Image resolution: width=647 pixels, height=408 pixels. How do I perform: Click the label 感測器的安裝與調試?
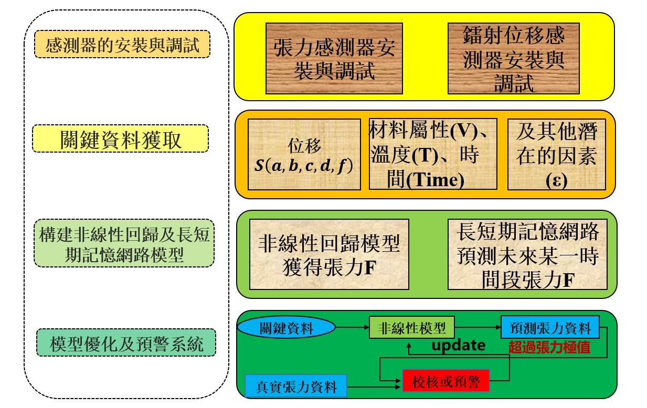122,44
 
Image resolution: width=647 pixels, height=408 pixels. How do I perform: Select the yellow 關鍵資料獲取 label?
121,138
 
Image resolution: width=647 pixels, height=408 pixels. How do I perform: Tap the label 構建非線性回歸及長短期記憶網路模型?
124,243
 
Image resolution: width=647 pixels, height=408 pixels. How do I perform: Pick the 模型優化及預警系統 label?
126,343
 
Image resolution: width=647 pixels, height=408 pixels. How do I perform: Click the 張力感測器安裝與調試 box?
334,58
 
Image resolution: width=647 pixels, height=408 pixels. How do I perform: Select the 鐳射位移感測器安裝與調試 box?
513,58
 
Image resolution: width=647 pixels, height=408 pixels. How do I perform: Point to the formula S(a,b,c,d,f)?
304,166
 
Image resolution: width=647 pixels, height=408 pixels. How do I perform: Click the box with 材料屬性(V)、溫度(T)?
433,154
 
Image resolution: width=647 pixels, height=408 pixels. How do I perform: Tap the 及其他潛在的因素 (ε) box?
557,154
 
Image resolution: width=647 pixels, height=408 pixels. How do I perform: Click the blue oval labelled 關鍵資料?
287,328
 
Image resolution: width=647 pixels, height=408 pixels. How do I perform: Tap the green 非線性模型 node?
412,328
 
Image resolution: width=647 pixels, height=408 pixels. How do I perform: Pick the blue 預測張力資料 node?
550,328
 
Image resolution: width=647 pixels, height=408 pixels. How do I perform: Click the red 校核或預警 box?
446,381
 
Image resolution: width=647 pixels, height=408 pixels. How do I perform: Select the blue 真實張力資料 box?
296,386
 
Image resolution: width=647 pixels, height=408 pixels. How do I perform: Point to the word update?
458,345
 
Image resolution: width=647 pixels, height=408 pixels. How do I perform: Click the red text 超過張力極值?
549,347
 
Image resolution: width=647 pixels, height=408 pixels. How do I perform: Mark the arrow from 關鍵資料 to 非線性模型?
352,328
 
